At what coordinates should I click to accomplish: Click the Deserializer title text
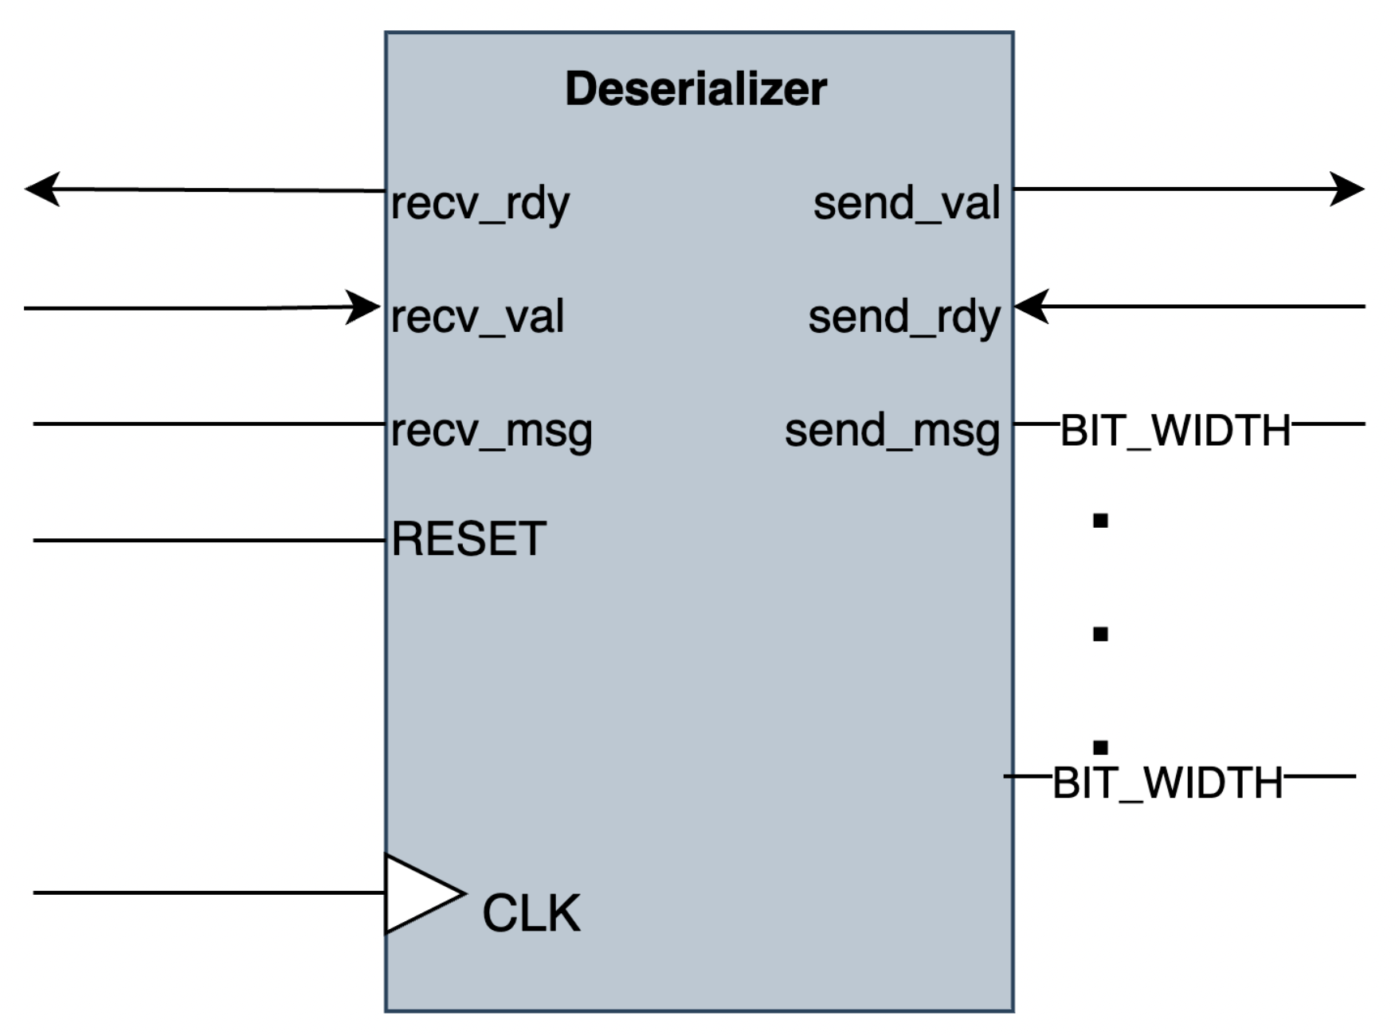click(x=696, y=88)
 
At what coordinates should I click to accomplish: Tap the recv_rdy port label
click(x=480, y=204)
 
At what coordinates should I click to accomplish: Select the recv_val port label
click(x=477, y=317)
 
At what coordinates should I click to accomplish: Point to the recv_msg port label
click(x=492, y=431)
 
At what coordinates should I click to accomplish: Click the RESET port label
click(x=468, y=539)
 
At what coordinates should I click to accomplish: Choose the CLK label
click(x=531, y=912)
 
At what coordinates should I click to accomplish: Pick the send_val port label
click(x=906, y=203)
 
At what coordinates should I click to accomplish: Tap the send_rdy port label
click(x=903, y=317)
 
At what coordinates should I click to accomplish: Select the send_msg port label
click(x=892, y=431)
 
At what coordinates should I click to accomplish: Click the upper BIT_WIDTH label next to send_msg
click(x=1175, y=431)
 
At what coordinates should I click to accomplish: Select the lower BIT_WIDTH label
click(x=1167, y=783)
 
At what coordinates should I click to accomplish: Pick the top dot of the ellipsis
click(x=1100, y=521)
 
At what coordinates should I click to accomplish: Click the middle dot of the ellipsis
click(x=1100, y=635)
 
